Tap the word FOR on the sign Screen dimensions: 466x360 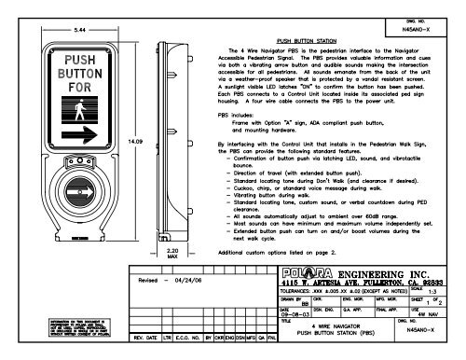click(x=59, y=89)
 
